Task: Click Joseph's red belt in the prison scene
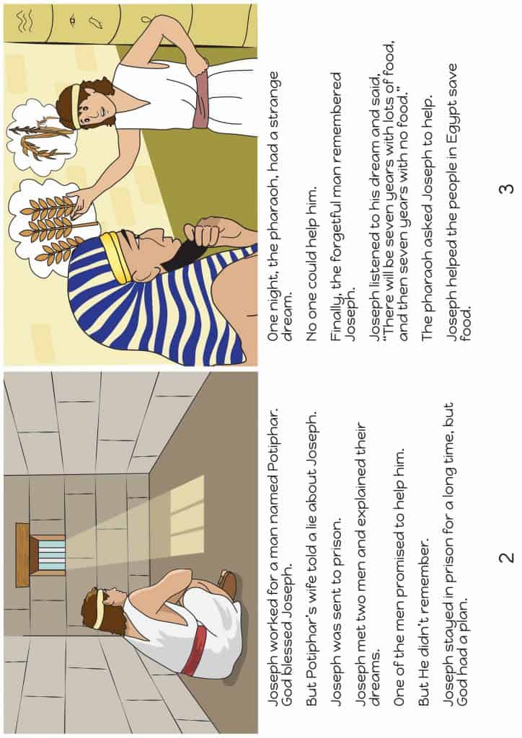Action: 191,652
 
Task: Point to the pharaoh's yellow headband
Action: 115,256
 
